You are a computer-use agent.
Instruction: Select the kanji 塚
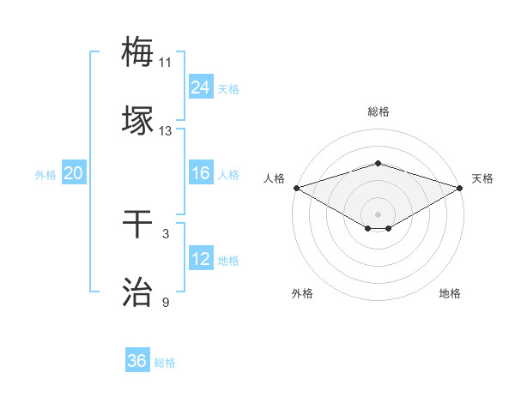[x=138, y=121]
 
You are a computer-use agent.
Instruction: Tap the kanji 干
[x=138, y=224]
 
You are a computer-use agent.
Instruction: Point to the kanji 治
[x=138, y=292]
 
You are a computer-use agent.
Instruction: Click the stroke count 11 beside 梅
[x=165, y=63]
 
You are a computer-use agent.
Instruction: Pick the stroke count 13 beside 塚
[x=165, y=131]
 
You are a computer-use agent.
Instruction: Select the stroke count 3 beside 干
[x=165, y=234]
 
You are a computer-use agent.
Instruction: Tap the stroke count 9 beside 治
[x=165, y=303]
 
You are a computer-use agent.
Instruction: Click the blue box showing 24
[x=201, y=87]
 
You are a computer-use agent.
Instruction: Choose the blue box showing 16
[x=201, y=173]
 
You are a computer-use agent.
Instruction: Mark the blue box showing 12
[x=201, y=259]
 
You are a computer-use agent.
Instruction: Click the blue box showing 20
[x=73, y=173]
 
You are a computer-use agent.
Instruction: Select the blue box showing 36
[x=137, y=361]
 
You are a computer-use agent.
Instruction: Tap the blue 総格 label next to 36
[x=165, y=363]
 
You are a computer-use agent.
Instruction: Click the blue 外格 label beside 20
[x=45, y=175]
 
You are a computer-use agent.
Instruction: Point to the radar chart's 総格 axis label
[x=378, y=111]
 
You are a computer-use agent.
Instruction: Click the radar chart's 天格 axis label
[x=482, y=178]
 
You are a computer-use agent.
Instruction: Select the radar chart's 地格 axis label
[x=450, y=293]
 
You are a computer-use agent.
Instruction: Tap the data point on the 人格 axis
[x=296, y=187]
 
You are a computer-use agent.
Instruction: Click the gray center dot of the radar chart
[x=378, y=214]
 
